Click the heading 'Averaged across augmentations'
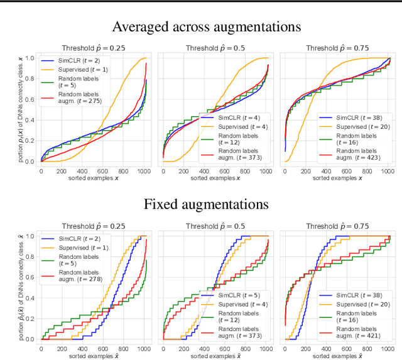[x=206, y=26]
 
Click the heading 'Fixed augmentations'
[x=206, y=204]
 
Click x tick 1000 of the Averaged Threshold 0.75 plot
[x=388, y=171]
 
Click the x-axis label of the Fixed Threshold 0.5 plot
[x=215, y=356]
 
